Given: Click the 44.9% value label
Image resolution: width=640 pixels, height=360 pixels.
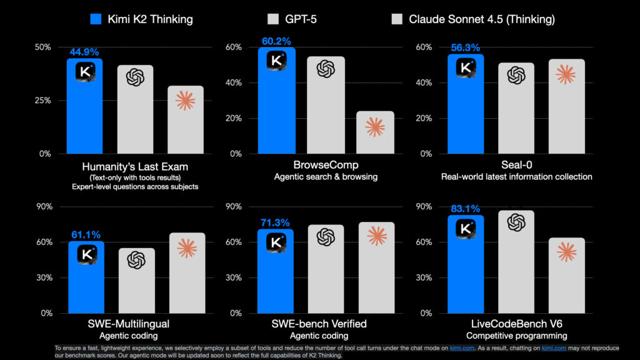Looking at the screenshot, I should pos(84,52).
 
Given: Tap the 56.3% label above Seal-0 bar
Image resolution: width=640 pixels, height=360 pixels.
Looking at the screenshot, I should pos(465,47).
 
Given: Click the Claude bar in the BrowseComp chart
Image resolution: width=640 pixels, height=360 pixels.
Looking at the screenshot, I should pos(375,132).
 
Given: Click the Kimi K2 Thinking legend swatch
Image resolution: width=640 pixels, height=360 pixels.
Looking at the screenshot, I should pos(96,19).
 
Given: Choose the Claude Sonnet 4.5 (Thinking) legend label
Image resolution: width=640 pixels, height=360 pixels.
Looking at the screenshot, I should pos(482,19).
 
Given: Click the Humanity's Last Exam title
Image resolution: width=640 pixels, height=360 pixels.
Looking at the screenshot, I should pos(135,167).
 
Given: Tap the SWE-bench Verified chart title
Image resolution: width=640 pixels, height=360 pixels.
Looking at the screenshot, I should pos(325,324).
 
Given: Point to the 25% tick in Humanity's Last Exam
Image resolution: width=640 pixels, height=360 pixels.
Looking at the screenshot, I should pos(43,101).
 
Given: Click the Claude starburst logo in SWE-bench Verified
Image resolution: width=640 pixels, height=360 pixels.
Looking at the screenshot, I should pos(377,235).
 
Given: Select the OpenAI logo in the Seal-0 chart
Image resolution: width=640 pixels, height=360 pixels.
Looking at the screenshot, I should pos(516,75).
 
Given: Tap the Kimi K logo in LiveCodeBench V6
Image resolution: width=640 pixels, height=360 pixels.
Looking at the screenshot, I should pos(465,228).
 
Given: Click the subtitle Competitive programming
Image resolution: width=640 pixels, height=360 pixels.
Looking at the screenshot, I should pos(516,336).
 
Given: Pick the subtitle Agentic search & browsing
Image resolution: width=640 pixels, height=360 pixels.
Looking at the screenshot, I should pos(325,177).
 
